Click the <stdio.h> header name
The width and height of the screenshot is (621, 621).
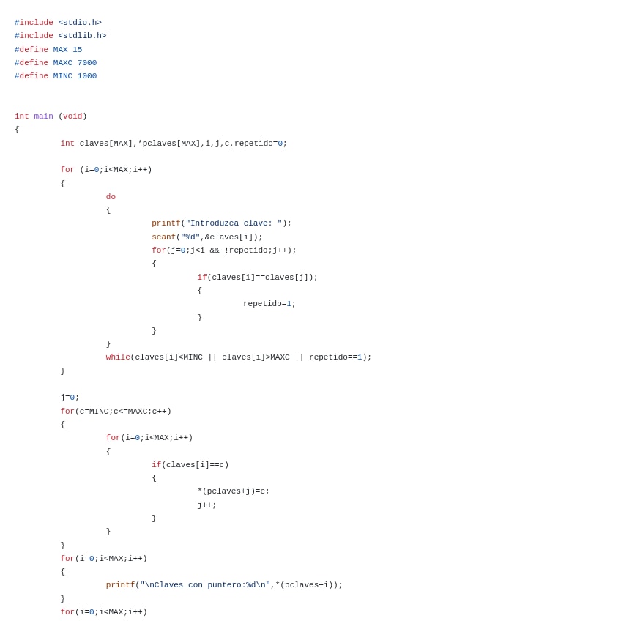(80, 23)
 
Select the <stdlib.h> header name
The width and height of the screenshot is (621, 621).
(82, 36)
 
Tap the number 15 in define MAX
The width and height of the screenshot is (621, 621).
(77, 50)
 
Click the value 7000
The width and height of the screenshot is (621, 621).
(87, 63)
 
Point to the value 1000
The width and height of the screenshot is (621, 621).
(87, 76)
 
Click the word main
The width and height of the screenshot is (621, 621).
(43, 116)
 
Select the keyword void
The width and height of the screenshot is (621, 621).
(72, 116)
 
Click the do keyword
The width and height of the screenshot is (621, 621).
(111, 197)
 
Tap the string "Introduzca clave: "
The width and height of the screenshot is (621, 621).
(234, 223)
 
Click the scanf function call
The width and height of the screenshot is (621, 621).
(163, 237)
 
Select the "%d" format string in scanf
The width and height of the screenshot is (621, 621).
(190, 237)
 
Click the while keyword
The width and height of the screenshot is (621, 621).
(118, 357)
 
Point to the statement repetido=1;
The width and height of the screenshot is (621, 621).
(269, 304)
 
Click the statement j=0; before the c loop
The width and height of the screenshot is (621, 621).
(70, 398)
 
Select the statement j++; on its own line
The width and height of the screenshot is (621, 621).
(207, 505)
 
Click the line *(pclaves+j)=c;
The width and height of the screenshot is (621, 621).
(233, 491)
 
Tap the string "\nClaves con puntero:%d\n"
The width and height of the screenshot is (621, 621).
(205, 585)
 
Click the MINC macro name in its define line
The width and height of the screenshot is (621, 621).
(63, 76)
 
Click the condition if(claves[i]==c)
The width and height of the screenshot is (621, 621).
(190, 465)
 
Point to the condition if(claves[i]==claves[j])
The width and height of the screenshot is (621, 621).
(257, 278)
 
